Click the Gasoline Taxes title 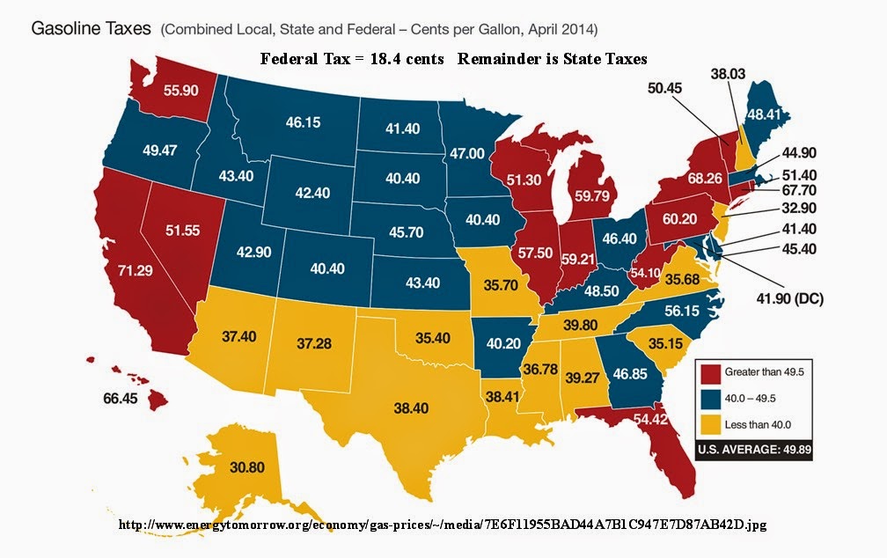click(91, 29)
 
